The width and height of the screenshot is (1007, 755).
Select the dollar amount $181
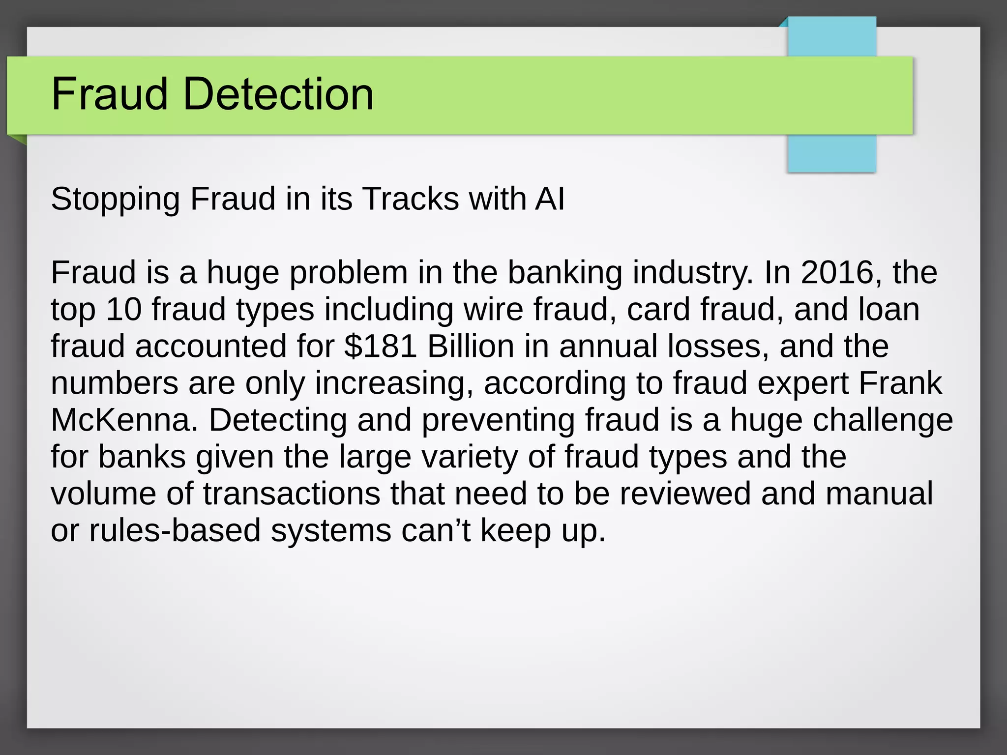coord(381,346)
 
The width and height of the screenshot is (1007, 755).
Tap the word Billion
coord(471,346)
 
